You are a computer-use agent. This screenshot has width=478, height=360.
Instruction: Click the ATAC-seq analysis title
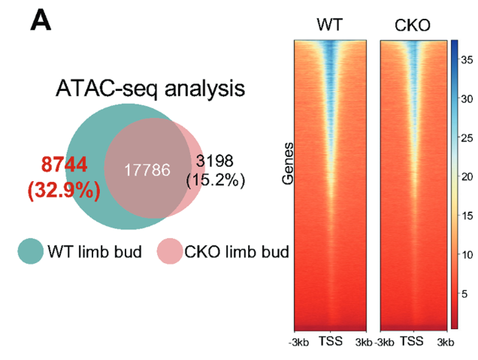click(150, 89)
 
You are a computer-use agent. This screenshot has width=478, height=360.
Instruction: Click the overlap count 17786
click(147, 171)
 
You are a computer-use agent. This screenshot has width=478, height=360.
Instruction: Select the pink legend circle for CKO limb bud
click(169, 251)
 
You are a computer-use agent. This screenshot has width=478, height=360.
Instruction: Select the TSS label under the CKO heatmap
click(411, 342)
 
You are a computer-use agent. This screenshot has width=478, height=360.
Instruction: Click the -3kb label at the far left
click(298, 342)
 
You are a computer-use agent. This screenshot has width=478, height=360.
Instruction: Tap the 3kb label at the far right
click(445, 342)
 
